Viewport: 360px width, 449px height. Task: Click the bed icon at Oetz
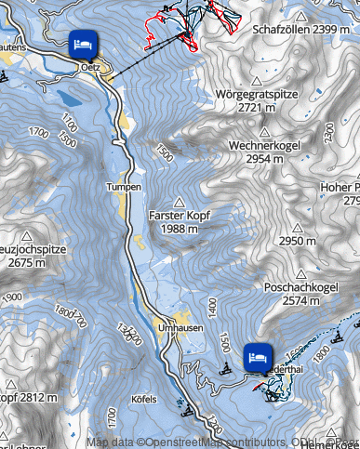point(81,42)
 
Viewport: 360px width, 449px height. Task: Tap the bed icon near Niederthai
point(258,356)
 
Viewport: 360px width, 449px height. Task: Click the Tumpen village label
point(124,187)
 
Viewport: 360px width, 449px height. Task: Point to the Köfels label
point(146,399)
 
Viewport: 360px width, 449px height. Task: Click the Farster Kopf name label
point(180,215)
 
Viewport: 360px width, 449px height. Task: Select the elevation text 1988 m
point(180,228)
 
